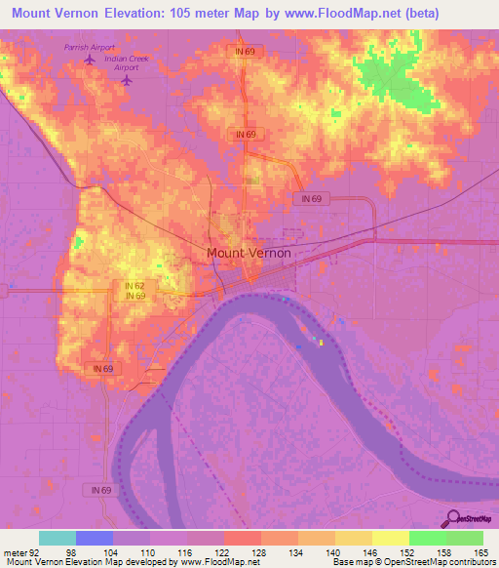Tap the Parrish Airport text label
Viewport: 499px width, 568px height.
point(90,47)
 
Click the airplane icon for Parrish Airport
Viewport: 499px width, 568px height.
point(90,60)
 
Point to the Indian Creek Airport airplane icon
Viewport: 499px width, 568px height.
point(126,80)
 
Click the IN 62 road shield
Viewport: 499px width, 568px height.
point(135,285)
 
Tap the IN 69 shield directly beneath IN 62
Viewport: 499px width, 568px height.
point(135,296)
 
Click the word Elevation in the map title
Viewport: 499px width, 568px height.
point(136,14)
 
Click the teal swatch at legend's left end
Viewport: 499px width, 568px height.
point(58,538)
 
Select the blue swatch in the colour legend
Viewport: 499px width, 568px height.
point(95,538)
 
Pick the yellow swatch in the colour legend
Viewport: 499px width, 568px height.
point(391,538)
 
